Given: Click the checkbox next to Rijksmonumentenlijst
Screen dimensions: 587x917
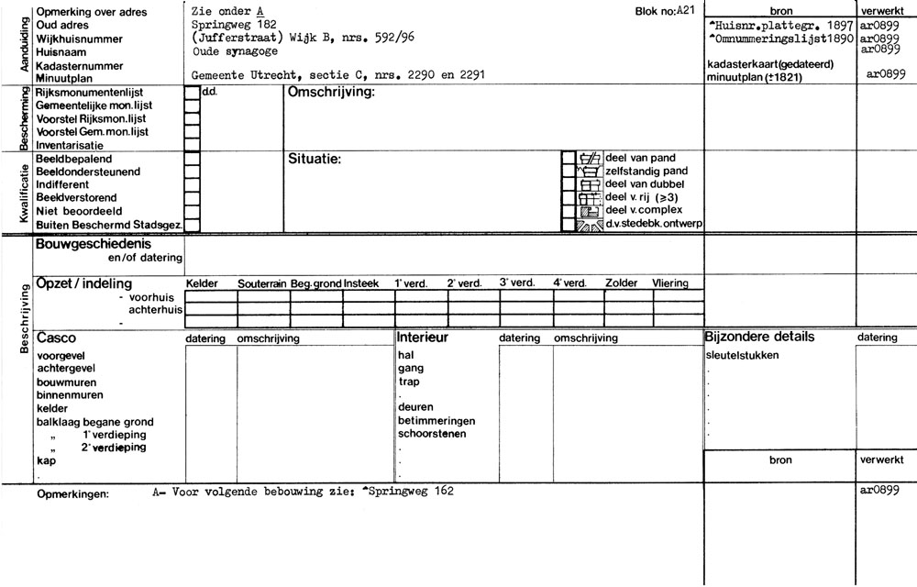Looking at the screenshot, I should [193, 93].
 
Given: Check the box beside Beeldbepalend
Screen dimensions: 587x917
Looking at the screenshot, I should [193, 159].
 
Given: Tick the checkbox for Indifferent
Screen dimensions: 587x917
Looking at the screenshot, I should [193, 184].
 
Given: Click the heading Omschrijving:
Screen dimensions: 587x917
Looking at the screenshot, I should [331, 94].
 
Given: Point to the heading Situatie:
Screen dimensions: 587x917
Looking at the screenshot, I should [315, 160].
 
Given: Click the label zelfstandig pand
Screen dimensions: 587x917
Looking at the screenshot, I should [641, 172].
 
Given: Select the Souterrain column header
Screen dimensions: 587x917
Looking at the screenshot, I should [263, 284].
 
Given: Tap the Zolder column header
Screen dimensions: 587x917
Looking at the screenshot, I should [621, 283].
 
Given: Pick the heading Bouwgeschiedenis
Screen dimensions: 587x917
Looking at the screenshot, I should [93, 245].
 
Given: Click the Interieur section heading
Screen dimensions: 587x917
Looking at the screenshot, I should [422, 338].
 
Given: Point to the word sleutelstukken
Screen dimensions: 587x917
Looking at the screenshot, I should [743, 355].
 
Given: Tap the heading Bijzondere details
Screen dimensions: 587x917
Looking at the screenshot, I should [759, 338].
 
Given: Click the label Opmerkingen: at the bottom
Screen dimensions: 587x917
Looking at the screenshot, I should [72, 494].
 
